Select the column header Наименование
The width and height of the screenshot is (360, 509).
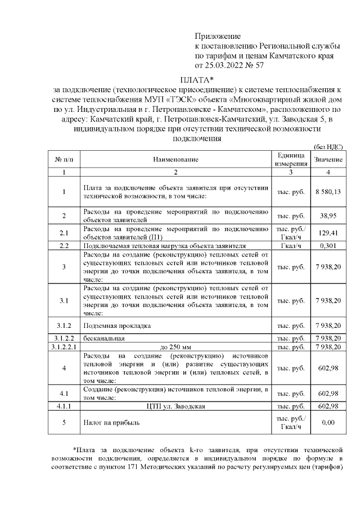pyautogui.click(x=176, y=160)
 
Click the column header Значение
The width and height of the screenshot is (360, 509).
pyautogui.click(x=328, y=160)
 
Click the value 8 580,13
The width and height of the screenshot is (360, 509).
pyautogui.click(x=328, y=192)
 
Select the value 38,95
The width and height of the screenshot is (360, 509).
pyautogui.click(x=328, y=216)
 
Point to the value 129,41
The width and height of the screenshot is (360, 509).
pyautogui.click(x=328, y=232)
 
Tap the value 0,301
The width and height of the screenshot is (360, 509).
pyautogui.click(x=328, y=246)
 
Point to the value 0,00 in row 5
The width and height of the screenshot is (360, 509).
pyautogui.click(x=328, y=422)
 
